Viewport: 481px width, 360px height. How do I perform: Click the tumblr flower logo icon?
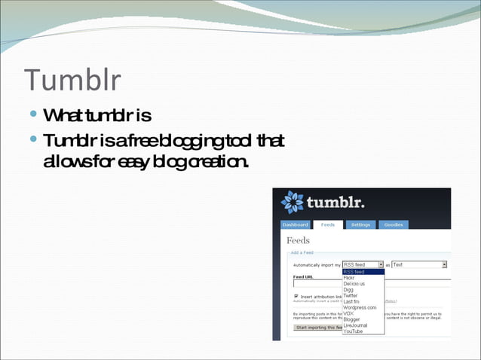[292, 203]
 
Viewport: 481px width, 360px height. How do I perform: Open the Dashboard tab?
[295, 224]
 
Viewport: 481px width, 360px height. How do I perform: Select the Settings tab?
[360, 224]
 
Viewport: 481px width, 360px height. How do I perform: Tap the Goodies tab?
[393, 224]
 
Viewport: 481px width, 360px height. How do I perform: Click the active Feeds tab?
[328, 224]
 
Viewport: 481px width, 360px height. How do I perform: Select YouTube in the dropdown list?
[354, 331]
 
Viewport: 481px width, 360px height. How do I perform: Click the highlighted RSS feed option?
[354, 272]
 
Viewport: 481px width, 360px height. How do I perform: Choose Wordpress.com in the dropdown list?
[360, 307]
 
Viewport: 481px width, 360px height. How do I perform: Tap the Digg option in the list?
[348, 290]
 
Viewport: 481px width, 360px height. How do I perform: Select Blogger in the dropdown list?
[352, 319]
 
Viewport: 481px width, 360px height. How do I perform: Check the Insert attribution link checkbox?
[296, 297]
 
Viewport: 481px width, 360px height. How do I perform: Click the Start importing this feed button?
[316, 328]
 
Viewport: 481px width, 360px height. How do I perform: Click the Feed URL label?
[303, 276]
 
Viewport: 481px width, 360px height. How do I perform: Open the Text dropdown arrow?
[444, 264]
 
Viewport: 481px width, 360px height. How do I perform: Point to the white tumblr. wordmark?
[335, 203]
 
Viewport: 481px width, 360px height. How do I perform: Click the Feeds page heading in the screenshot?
[298, 240]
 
